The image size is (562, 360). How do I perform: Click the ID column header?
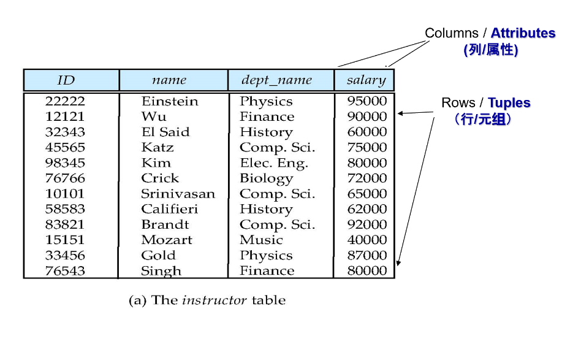point(66,80)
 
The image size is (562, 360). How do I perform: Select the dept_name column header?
point(276,80)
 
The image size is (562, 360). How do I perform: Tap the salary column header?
point(366,80)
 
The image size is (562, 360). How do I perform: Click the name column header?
point(169,80)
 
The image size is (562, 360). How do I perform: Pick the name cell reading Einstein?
point(170,101)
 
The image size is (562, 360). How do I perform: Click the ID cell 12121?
point(65,117)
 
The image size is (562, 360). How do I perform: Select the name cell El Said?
point(165,132)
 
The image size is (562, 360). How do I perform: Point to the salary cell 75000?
point(367,147)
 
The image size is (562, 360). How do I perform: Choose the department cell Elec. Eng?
point(274,163)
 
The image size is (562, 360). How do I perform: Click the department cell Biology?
point(267,178)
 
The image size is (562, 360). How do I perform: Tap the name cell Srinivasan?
point(178,194)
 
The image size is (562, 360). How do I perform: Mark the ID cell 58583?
point(65,209)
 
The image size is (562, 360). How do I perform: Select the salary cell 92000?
point(367,224)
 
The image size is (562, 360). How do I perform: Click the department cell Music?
point(261,240)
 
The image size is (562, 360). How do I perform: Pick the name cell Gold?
point(158,255)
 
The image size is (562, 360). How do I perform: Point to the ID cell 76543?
point(65,270)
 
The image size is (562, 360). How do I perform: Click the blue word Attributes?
point(523,33)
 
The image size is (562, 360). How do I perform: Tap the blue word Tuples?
point(509,103)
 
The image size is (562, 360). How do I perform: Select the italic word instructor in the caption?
point(215,300)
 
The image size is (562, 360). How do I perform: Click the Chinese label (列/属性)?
point(491,50)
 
